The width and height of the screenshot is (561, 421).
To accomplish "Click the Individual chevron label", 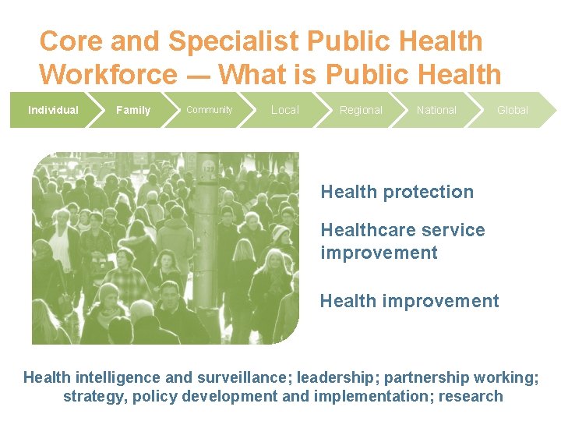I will pos(53,110).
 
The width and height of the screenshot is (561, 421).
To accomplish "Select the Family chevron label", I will pos(133,110).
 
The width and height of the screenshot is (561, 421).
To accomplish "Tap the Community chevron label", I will pos(209,110).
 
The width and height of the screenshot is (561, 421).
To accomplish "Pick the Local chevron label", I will pos(284,110).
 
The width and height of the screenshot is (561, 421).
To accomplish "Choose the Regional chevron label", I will pos(361,110).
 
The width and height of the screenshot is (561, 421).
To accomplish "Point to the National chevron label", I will pos(436,110).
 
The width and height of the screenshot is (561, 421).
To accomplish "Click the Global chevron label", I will pos(513,110).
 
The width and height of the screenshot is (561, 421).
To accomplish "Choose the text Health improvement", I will pos(409,301).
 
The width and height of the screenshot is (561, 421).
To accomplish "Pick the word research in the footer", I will pos(471,396).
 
